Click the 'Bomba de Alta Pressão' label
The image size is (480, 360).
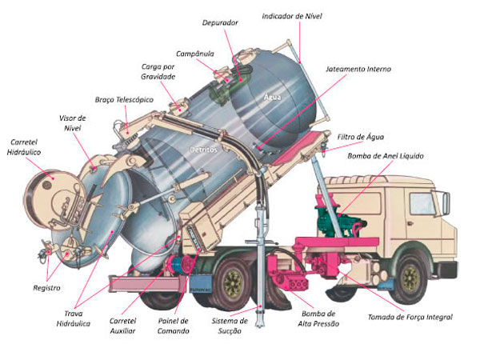pos(320,318)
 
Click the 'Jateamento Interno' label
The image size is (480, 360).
pos(358,70)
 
